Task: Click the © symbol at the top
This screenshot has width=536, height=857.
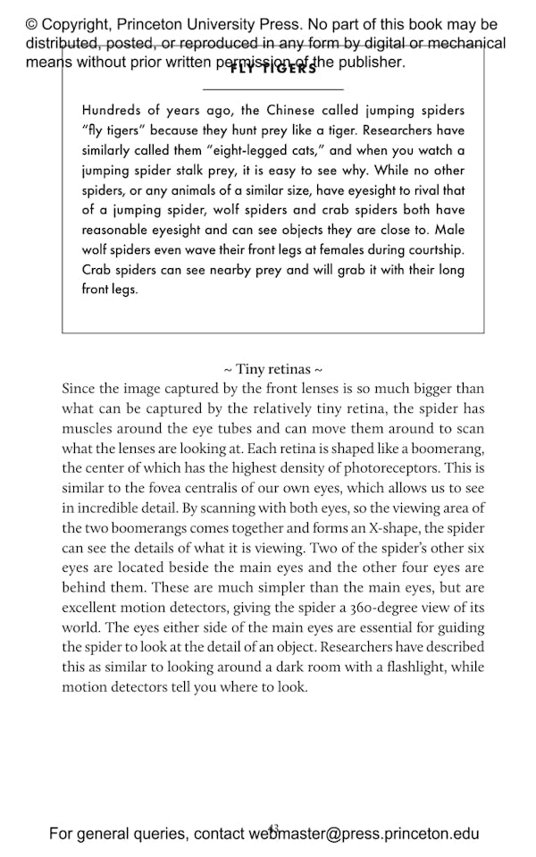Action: [x=31, y=24]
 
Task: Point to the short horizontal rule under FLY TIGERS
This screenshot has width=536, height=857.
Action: [x=272, y=89]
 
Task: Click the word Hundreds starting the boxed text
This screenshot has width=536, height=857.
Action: [x=112, y=111]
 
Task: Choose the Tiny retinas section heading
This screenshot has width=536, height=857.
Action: [x=272, y=368]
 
